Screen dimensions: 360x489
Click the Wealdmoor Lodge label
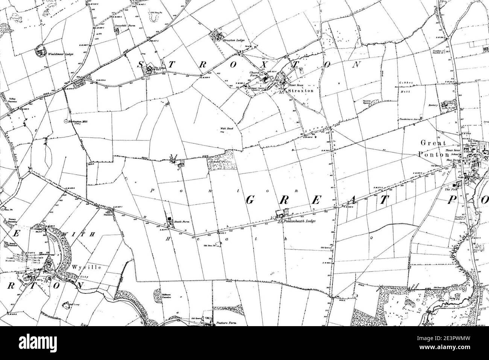[60, 54]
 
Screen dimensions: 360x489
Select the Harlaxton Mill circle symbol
[66, 121]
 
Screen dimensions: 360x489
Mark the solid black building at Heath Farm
[170, 218]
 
